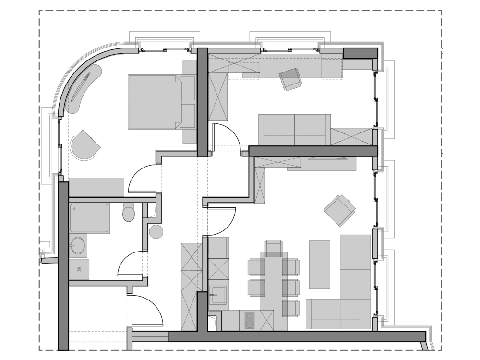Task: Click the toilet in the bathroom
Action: [129, 212]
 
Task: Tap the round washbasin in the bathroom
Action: [78, 246]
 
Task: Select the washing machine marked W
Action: [79, 269]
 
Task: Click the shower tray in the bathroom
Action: [89, 218]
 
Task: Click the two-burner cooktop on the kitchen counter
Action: [250, 320]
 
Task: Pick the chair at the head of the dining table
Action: [274, 248]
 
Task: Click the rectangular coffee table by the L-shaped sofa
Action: [320, 264]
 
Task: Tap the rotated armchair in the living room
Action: [340, 210]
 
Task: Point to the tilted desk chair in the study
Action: [291, 78]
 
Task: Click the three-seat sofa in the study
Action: [294, 130]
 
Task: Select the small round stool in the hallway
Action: [156, 232]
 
